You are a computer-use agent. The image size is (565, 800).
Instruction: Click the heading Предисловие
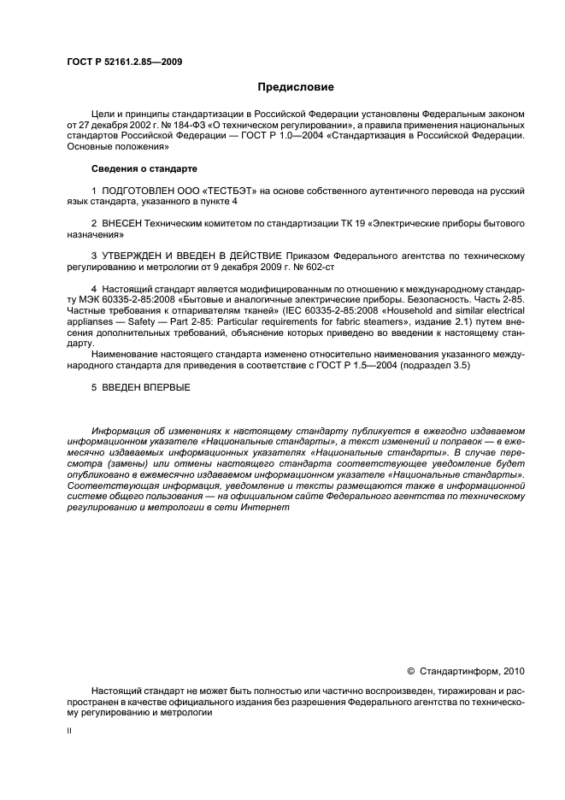(297, 87)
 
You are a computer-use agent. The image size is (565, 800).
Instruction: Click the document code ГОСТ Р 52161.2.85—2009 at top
(124, 62)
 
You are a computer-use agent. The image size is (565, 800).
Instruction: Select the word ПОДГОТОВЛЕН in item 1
(135, 190)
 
